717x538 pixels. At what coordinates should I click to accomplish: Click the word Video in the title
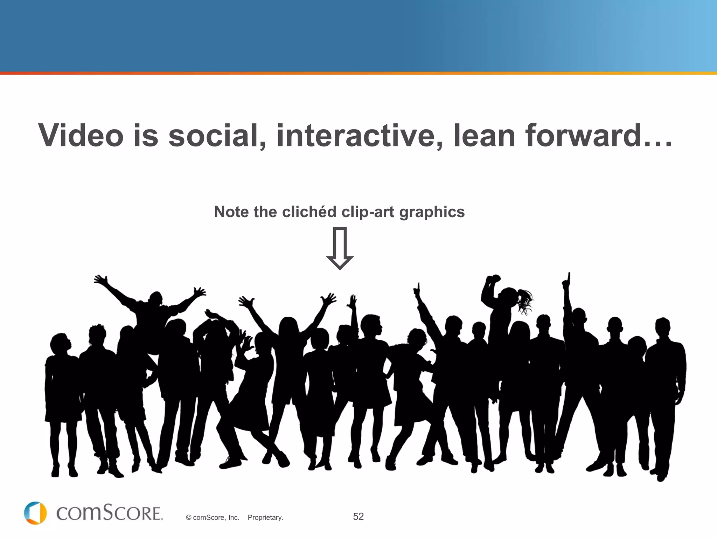81,136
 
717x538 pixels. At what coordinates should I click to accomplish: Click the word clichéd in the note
309,212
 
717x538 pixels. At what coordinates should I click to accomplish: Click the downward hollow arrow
340,248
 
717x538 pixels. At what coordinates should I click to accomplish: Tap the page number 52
358,517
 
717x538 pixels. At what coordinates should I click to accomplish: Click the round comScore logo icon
35,513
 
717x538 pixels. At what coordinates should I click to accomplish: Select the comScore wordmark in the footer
109,513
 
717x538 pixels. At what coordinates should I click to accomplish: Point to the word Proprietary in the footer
265,518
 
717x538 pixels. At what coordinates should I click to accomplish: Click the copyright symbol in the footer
189,518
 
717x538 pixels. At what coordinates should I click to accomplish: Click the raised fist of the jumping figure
494,279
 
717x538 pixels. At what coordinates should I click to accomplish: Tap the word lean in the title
484,136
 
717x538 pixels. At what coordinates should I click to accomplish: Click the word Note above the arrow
231,212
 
